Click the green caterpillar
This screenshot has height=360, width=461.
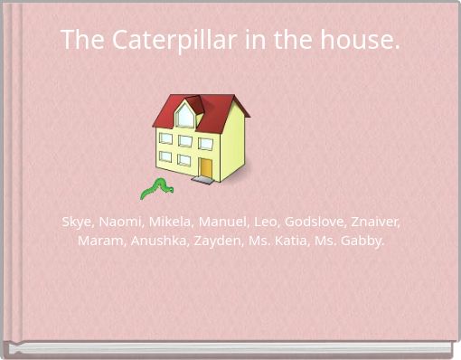click(155, 188)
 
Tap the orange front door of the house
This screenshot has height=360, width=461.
click(206, 168)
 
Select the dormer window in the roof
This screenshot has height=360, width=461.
click(185, 116)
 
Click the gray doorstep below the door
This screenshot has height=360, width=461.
click(202, 180)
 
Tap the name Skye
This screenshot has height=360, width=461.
click(76, 222)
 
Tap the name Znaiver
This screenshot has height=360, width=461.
click(377, 222)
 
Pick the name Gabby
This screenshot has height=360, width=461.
click(362, 241)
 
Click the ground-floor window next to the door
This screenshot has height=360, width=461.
click(184, 160)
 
